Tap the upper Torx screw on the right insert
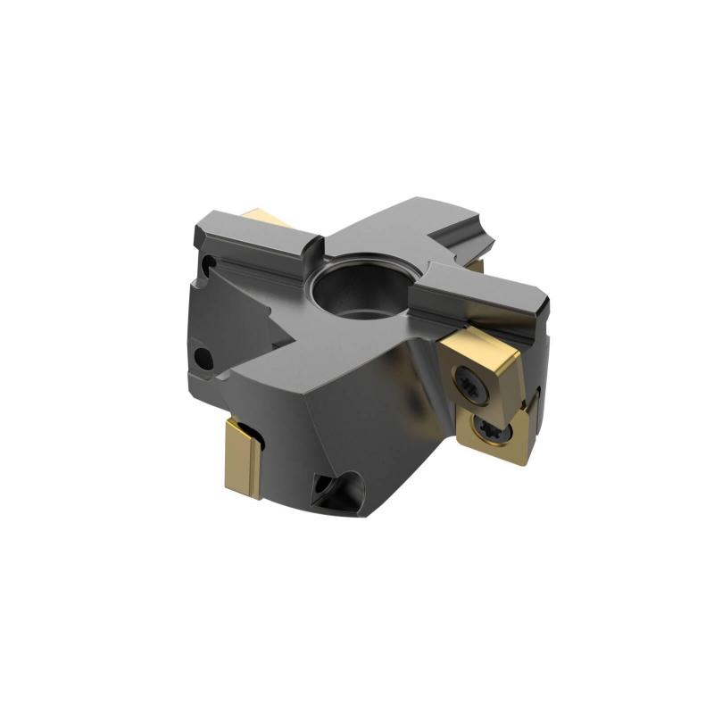(471, 385)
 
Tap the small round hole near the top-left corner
(207, 265)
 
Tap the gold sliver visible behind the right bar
(477, 265)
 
